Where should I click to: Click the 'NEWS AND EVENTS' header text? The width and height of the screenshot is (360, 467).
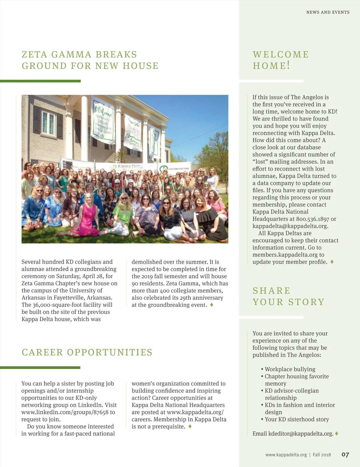[328, 12]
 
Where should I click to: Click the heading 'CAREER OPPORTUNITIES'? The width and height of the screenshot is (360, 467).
[87, 352]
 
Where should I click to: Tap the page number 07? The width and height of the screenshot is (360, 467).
[345, 455]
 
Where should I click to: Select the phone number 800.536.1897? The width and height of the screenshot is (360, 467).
[312, 219]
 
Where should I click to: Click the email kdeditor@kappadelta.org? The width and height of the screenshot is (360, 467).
[301, 433]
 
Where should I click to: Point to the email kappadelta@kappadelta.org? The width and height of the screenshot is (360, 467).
[290, 226]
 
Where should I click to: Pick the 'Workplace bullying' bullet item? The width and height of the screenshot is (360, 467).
[290, 369]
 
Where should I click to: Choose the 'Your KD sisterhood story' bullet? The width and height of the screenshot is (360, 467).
[297, 419]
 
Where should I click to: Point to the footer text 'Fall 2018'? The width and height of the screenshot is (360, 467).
[322, 455]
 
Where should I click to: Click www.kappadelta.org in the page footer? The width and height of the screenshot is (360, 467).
[286, 455]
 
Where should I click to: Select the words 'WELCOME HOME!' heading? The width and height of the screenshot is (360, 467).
[280, 60]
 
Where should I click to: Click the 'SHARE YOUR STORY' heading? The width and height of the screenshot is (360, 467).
[288, 296]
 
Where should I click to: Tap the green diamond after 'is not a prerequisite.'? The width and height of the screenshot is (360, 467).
[190, 426]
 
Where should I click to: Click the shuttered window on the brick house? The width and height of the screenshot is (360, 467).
[48, 123]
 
